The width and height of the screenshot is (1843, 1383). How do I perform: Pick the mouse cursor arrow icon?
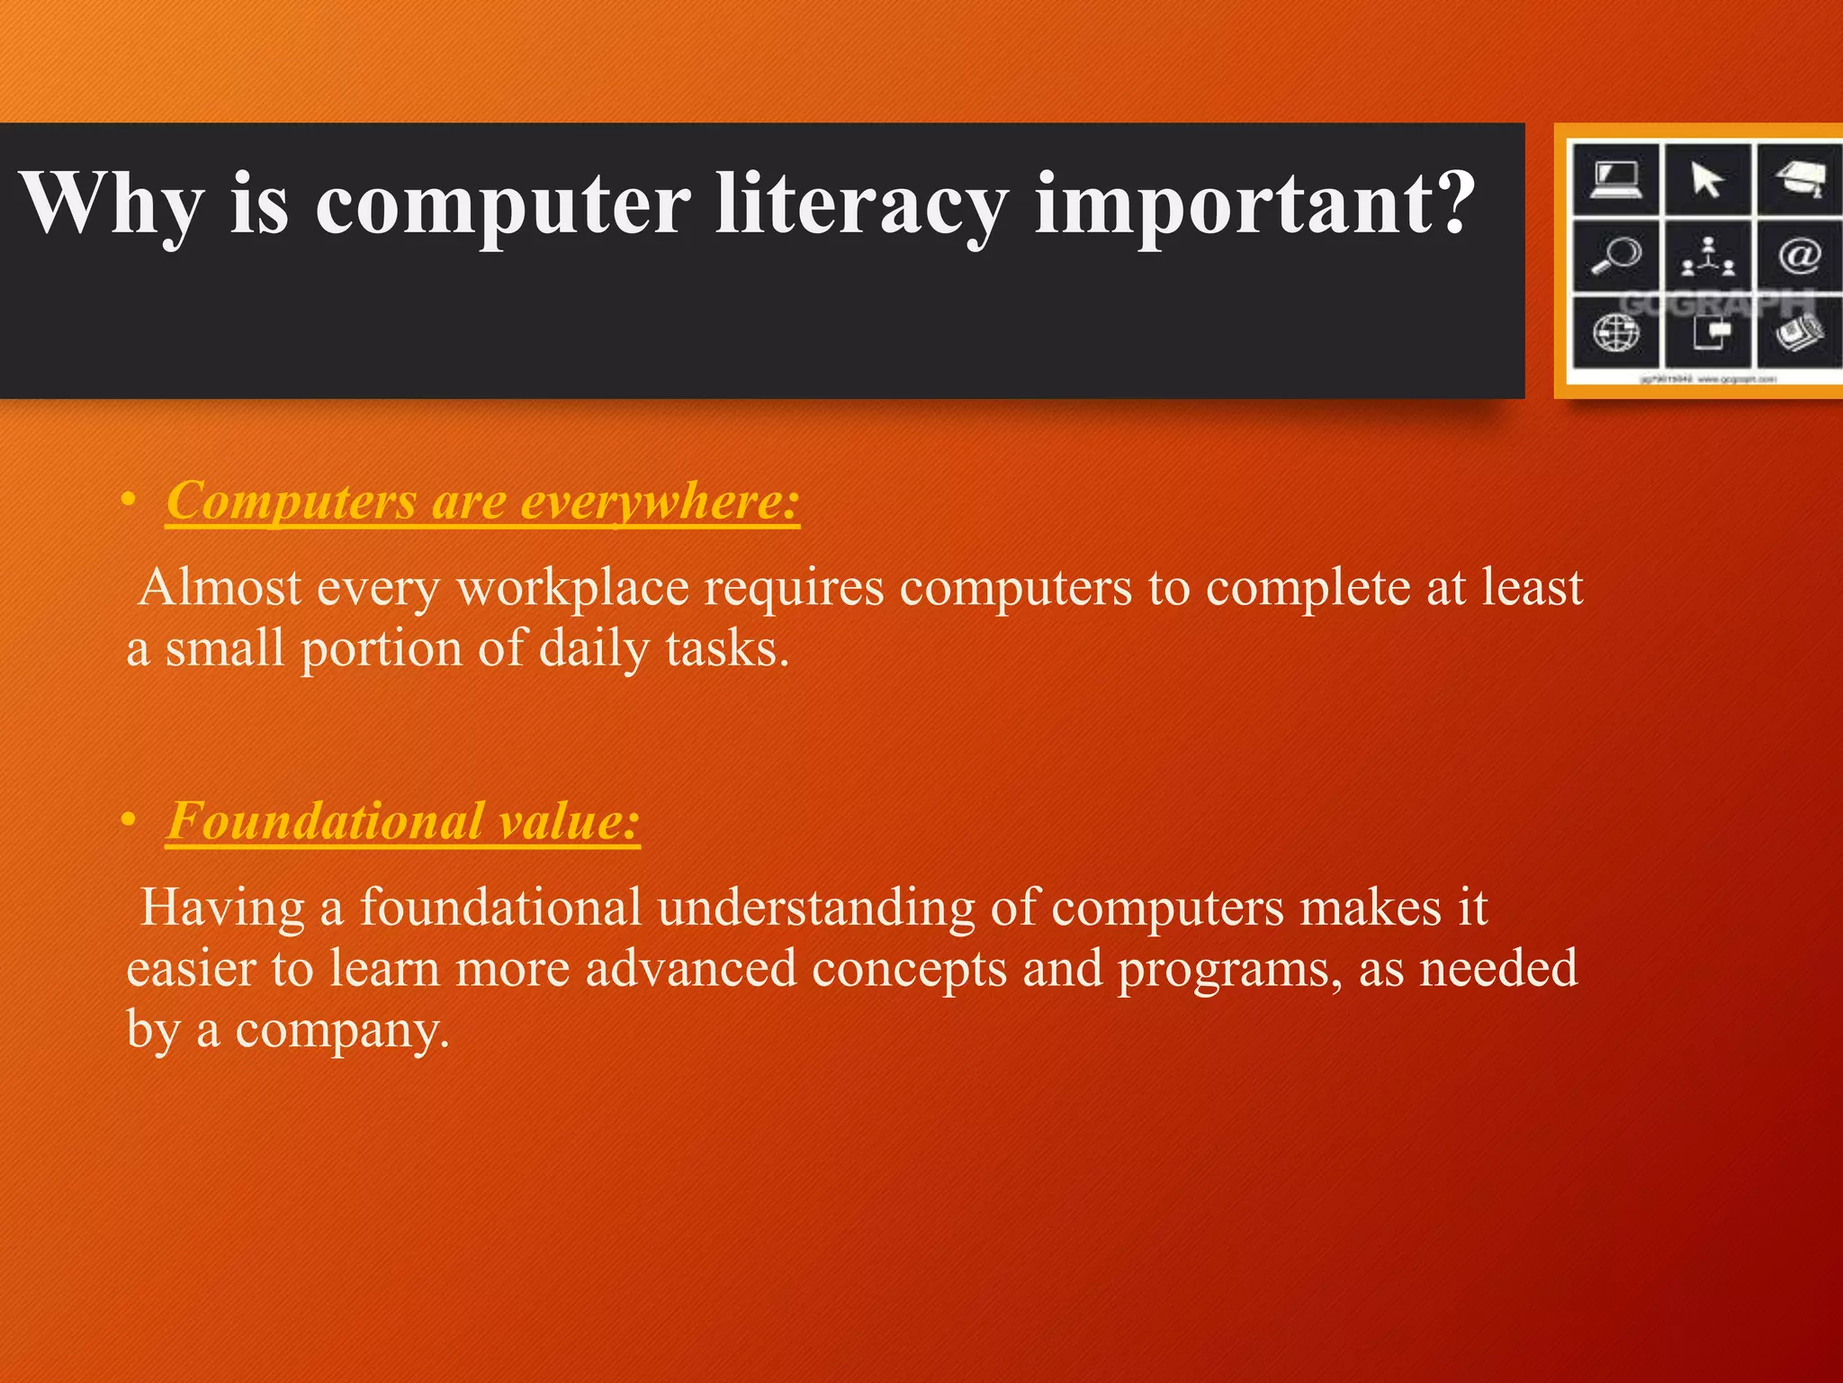pos(1706,179)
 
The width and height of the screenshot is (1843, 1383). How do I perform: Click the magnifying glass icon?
pos(1616,256)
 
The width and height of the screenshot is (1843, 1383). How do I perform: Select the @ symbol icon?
pos(1799,256)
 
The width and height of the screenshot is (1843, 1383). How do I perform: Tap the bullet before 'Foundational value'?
pos(130,821)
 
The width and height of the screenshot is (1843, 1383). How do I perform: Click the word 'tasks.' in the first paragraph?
pos(727,648)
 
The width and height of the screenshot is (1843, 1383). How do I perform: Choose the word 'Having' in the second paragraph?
pos(223,908)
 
